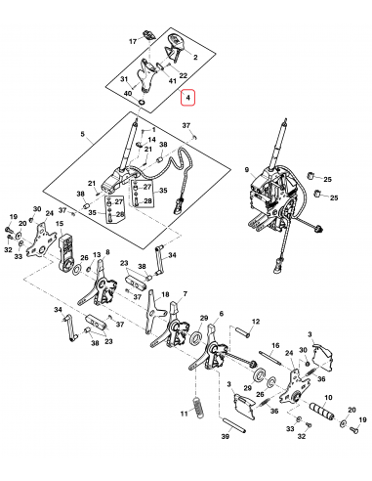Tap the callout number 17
point(134,43)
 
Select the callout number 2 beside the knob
point(194,57)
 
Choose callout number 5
point(85,134)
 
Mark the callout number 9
point(248,170)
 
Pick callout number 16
point(274,346)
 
